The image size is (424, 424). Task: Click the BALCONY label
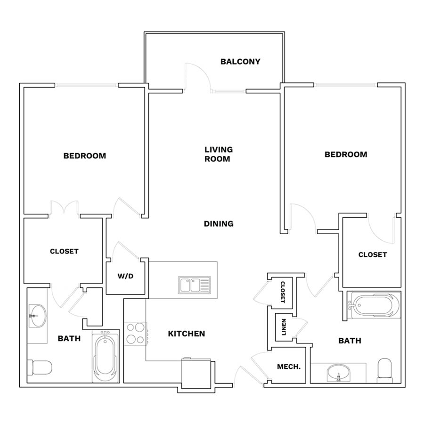click(240, 62)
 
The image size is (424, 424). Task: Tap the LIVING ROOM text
click(219, 154)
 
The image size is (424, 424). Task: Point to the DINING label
click(219, 224)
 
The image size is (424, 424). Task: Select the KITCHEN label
click(186, 334)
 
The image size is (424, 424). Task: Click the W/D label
click(125, 276)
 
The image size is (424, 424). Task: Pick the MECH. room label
click(289, 367)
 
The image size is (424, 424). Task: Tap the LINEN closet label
click(284, 327)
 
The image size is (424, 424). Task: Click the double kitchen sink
click(194, 285)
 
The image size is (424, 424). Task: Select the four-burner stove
click(136, 334)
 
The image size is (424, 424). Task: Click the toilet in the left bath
click(40, 368)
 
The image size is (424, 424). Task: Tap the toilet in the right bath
click(384, 370)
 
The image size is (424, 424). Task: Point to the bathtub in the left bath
click(106, 357)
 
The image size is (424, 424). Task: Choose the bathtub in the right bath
click(374, 305)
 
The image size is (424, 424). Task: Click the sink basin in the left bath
click(38, 316)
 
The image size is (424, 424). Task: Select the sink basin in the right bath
click(338, 373)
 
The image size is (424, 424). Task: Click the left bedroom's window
click(87, 85)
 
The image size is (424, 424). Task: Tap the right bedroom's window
click(346, 85)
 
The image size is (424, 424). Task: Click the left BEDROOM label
click(85, 156)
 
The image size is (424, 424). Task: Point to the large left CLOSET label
click(64, 251)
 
